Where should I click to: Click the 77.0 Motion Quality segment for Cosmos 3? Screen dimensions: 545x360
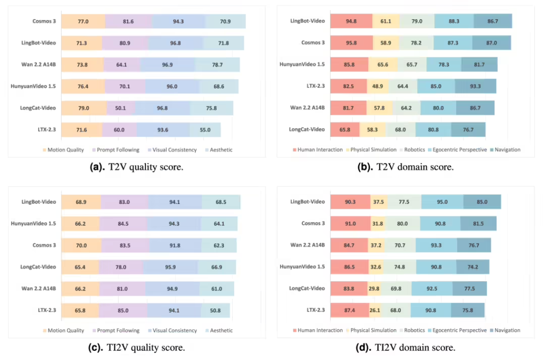point(84,21)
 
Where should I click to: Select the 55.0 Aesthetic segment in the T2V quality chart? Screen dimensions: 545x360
point(205,130)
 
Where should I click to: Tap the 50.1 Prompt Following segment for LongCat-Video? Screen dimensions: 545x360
point(121,108)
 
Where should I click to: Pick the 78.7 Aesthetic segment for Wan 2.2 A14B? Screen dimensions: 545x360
point(217,64)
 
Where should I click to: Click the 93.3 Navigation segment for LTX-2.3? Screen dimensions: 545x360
point(475,86)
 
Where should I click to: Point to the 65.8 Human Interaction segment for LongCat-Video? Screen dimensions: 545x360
point(345,129)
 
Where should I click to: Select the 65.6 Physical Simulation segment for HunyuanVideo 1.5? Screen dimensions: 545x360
point(383,64)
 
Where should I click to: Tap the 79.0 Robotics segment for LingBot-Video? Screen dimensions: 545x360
point(417,21)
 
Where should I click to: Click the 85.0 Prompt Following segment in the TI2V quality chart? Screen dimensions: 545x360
point(123,310)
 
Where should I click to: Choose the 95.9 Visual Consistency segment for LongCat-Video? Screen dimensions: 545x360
point(170,267)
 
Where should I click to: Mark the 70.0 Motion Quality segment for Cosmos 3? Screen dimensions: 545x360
point(81,245)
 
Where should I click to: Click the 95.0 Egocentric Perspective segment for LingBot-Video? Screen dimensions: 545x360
point(442,202)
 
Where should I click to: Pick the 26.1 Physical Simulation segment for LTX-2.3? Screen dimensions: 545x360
point(375,310)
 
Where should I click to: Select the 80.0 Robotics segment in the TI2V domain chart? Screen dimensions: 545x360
point(402,223)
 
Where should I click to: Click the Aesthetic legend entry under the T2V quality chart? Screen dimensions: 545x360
point(219,150)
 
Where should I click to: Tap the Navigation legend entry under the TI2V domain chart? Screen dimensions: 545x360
point(505,330)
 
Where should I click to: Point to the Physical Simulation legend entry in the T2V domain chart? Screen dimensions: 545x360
point(371,150)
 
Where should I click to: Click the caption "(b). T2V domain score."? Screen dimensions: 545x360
point(405,167)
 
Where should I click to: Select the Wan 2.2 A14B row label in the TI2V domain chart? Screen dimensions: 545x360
point(308,245)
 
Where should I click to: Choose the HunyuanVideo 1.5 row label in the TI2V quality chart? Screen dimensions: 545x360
point(34,223)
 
